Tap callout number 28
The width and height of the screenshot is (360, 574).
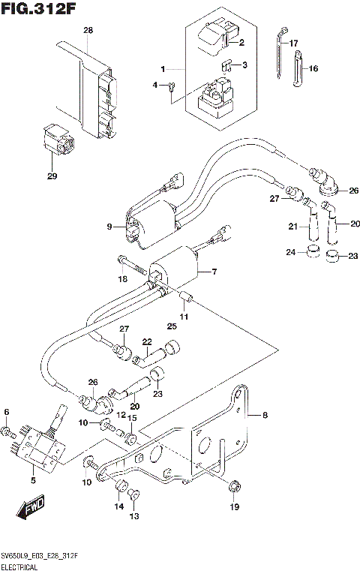coord(88,31)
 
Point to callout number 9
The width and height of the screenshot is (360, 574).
coord(109,226)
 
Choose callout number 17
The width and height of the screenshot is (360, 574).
coord(294,43)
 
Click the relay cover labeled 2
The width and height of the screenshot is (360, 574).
coord(216,38)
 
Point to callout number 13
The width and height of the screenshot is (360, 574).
coord(134,516)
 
